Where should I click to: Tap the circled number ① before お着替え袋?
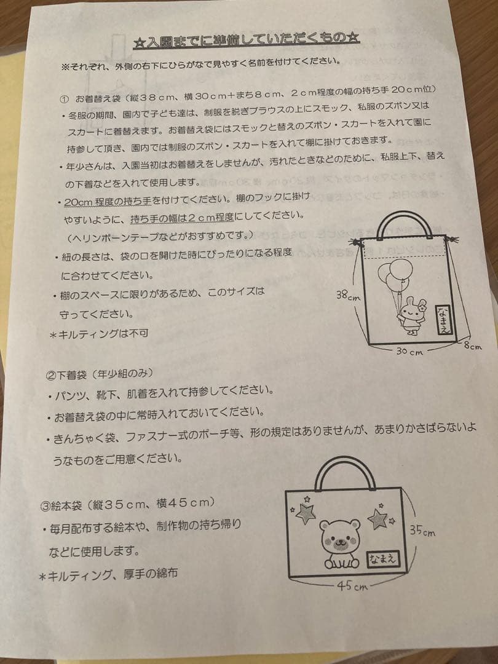tap(65, 98)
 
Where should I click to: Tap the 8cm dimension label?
tap(472, 346)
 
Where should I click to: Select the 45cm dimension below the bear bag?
tap(352, 586)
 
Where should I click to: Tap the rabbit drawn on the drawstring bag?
tap(409, 314)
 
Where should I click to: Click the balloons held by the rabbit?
tap(393, 274)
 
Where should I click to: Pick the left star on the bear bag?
tap(305, 513)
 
